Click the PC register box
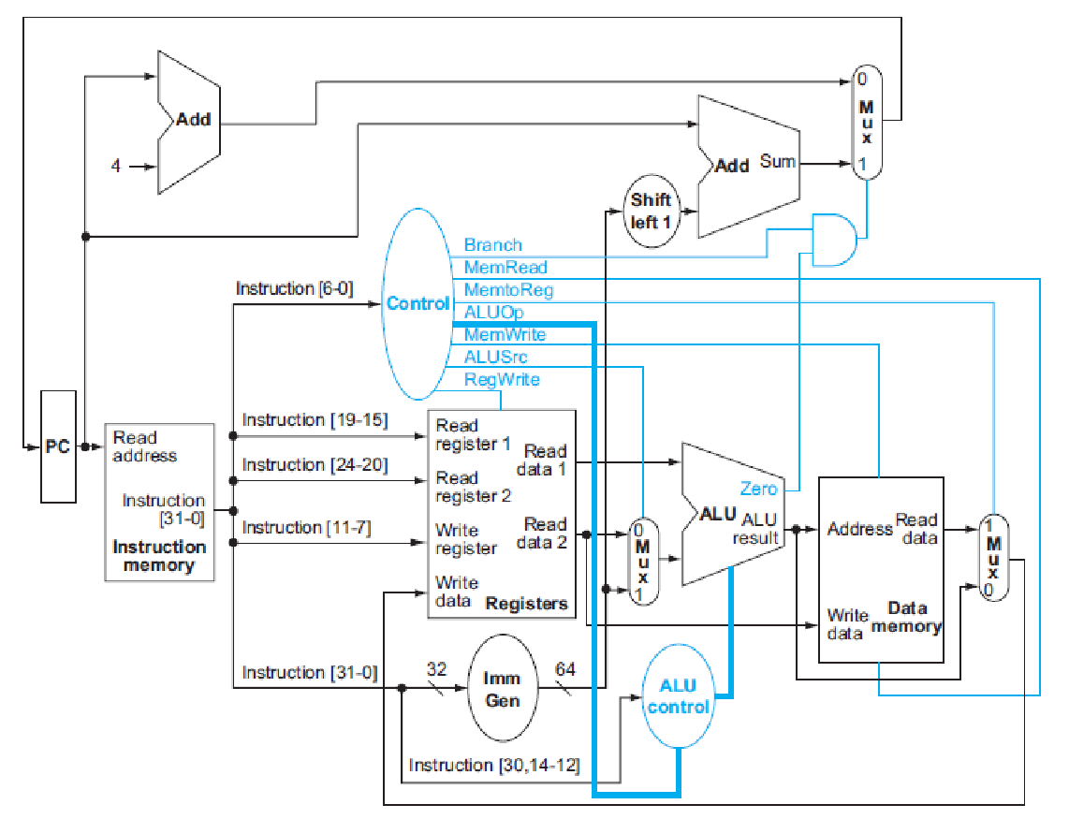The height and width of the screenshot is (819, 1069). click(x=58, y=447)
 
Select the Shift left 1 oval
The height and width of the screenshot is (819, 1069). click(x=651, y=212)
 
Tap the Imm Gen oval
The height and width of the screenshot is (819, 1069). click(x=502, y=688)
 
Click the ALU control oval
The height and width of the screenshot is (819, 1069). click(x=678, y=696)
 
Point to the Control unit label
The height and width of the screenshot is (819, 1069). click(x=417, y=303)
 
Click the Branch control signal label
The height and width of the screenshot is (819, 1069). click(x=492, y=245)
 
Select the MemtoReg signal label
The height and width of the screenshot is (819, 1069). click(x=508, y=290)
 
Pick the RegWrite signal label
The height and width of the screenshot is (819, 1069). click(x=502, y=379)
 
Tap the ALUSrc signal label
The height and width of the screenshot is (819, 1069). click(x=495, y=357)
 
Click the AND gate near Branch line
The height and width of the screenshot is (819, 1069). click(x=833, y=240)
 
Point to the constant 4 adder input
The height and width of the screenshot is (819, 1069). click(x=116, y=167)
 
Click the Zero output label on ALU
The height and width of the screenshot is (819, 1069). click(x=758, y=489)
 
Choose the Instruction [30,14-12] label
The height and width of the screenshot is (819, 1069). click(x=494, y=766)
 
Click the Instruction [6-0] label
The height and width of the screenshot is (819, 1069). click(x=294, y=288)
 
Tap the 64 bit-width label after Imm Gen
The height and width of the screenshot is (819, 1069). click(x=565, y=669)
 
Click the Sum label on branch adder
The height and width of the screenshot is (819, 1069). click(x=777, y=161)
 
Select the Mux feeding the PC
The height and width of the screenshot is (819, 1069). click(x=866, y=122)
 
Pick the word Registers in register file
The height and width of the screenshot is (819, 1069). click(x=526, y=604)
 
